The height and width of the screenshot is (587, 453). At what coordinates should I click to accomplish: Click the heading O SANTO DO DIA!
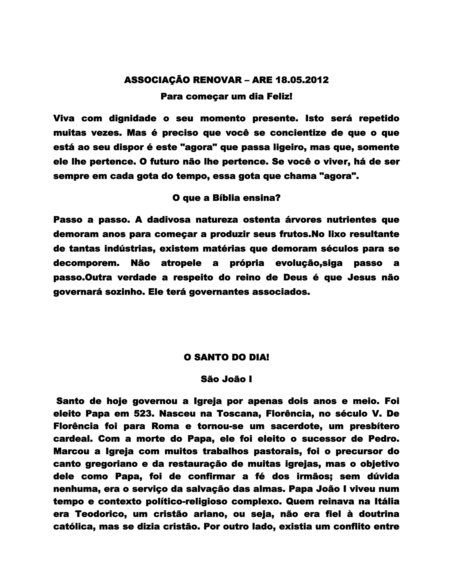pyautogui.click(x=226, y=358)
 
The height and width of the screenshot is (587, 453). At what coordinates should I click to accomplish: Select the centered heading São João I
pyautogui.click(x=226, y=379)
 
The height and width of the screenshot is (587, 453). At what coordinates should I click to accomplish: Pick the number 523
pyautogui.click(x=144, y=413)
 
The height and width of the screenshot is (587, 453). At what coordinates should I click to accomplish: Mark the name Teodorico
pyautogui.click(x=100, y=514)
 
